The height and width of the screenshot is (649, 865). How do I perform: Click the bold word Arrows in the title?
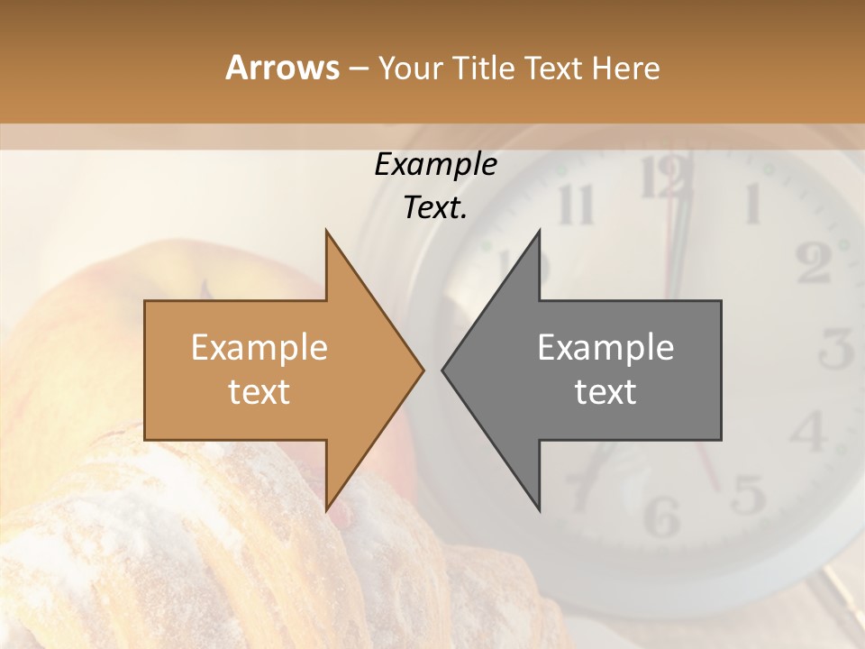pos(282,68)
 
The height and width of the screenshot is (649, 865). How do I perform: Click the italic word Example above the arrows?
pos(435,164)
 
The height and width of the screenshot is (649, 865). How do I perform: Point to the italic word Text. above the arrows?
pos(435,207)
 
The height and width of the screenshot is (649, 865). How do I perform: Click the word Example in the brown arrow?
pos(259,347)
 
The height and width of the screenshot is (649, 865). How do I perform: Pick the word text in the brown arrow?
pos(259,391)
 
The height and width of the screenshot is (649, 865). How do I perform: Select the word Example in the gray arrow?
pos(605,347)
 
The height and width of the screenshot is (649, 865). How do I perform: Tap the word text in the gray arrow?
pos(605,391)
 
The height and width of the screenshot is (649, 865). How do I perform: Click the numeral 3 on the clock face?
pos(837,349)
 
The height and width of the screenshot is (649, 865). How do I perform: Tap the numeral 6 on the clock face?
pos(662,515)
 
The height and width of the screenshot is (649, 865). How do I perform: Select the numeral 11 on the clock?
pos(576,205)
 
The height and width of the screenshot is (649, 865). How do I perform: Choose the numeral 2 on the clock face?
pos(814,263)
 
